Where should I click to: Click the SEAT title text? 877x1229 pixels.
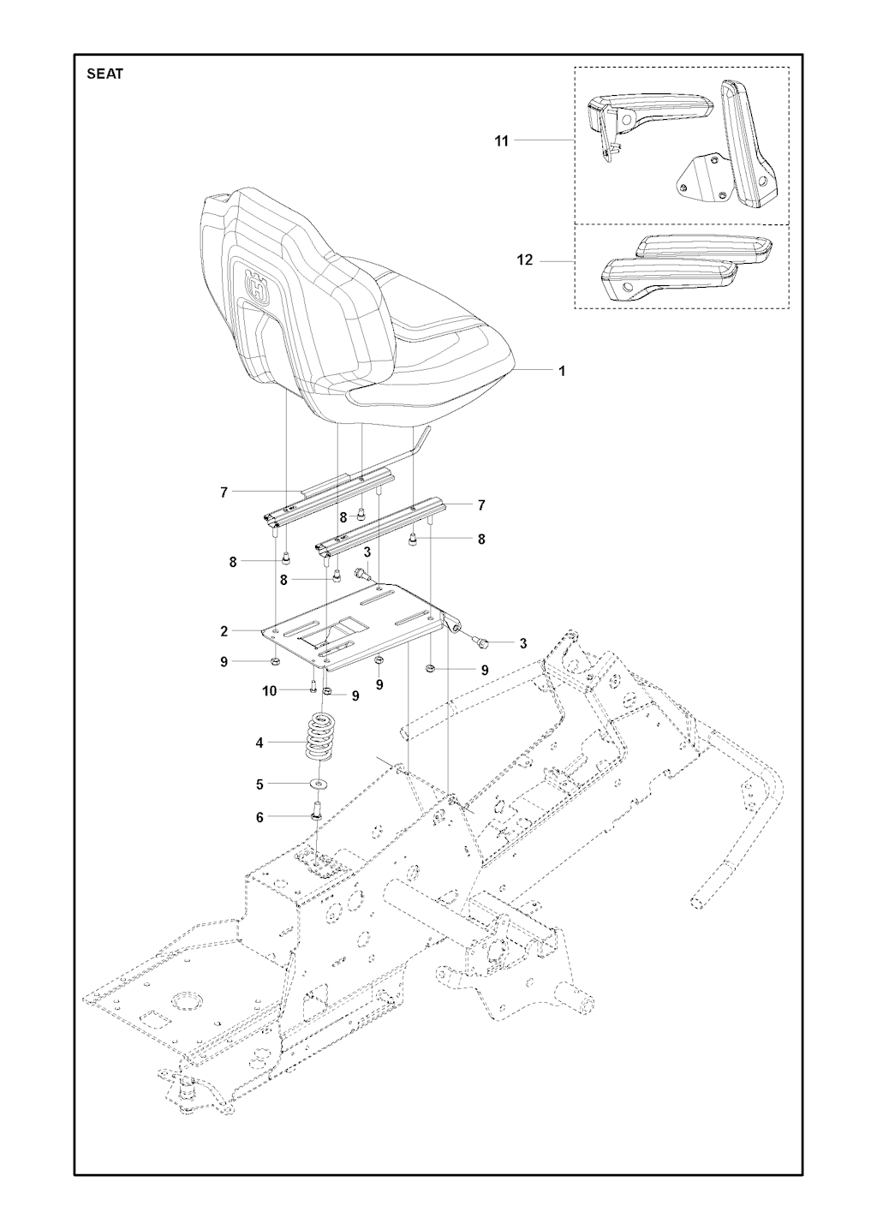[x=104, y=74]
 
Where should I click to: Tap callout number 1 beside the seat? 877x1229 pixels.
[x=562, y=371]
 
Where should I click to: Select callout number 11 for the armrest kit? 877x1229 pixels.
[x=502, y=141]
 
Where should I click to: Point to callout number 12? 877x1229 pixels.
[x=525, y=260]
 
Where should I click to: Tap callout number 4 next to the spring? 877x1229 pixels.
[x=259, y=743]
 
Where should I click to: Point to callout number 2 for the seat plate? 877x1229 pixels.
[x=224, y=631]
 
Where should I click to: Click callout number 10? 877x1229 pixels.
[x=270, y=691]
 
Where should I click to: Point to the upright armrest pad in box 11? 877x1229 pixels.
[x=749, y=143]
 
